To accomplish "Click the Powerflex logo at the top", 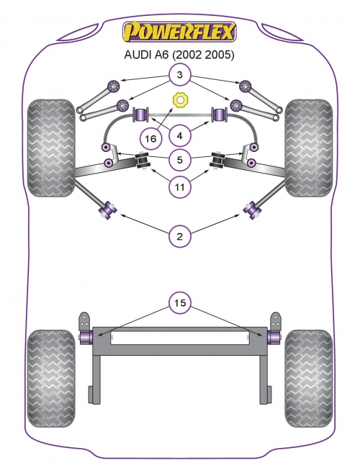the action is (x=179, y=32).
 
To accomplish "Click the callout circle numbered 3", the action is (x=180, y=75).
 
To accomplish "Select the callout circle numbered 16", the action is (x=151, y=138).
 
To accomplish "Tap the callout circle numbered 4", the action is (x=180, y=136).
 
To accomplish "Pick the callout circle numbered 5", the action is (x=180, y=160).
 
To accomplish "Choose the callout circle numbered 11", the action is (x=180, y=187).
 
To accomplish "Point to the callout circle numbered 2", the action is (x=180, y=236).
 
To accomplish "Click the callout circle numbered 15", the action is (x=180, y=303).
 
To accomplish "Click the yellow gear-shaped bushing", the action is (x=180, y=100).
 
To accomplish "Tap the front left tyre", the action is (x=51, y=148).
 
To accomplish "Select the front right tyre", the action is (x=309, y=148).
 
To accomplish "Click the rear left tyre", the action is (x=51, y=378).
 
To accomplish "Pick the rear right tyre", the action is (x=309, y=378).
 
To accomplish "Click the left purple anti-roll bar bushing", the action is (x=141, y=115).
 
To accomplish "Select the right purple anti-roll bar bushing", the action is (x=220, y=115).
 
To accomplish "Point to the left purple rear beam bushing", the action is (x=86, y=336).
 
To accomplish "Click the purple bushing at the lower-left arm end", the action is (x=107, y=210).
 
